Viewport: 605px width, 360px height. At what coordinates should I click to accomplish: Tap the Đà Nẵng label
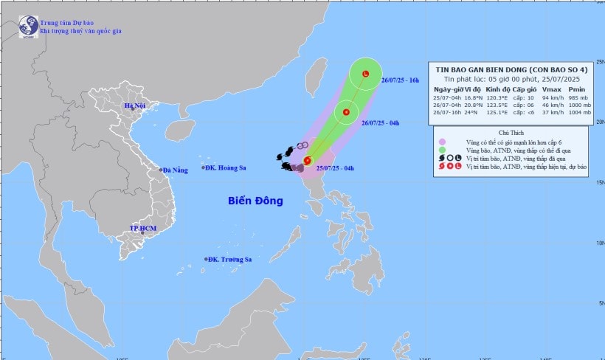click(x=176, y=170)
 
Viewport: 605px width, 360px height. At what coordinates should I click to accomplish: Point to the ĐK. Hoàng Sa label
click(x=230, y=168)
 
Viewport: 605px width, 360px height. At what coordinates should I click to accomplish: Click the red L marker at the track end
click(x=366, y=74)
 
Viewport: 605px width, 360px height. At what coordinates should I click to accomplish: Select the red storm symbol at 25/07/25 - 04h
click(x=308, y=160)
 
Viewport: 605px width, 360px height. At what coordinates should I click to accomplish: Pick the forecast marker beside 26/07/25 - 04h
click(x=345, y=112)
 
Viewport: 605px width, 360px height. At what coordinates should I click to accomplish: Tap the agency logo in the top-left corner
click(x=27, y=27)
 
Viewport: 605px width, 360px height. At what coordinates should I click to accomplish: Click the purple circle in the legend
click(x=441, y=142)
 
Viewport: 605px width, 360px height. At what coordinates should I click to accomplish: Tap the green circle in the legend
click(x=441, y=150)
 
